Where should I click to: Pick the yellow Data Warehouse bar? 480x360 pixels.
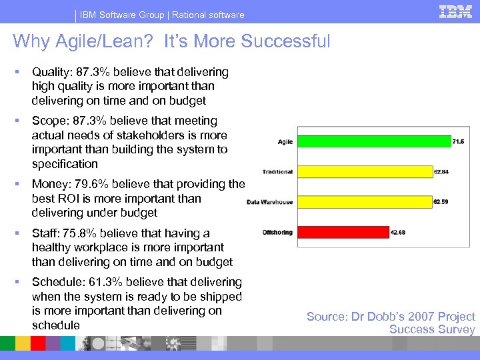pos(364,201)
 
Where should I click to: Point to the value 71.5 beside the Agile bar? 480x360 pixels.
pos(459,142)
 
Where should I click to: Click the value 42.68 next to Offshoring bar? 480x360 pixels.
pos(398,232)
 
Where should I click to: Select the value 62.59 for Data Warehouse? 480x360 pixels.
pos(441,201)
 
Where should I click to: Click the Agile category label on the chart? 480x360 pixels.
pos(285,141)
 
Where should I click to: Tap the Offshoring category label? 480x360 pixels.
pos(277,232)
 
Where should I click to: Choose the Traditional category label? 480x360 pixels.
pos(277,171)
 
